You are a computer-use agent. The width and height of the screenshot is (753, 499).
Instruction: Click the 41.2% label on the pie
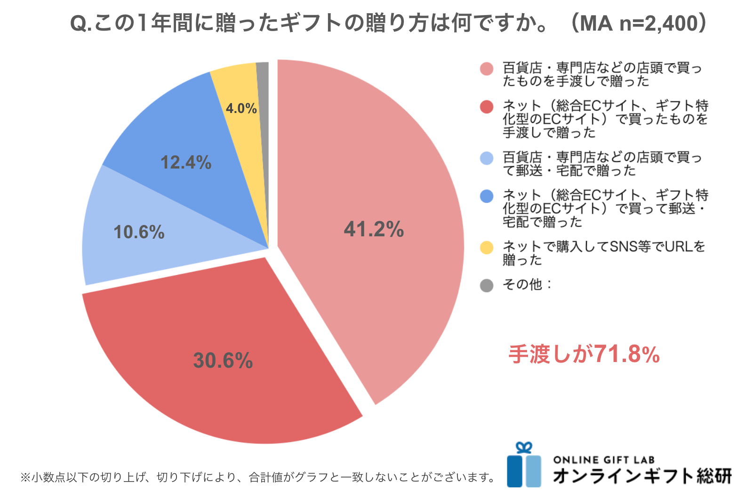(374, 229)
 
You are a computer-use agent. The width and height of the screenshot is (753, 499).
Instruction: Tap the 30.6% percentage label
(223, 361)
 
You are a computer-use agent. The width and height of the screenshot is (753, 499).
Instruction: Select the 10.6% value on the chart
(139, 232)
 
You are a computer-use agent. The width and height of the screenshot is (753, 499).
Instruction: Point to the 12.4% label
(186, 162)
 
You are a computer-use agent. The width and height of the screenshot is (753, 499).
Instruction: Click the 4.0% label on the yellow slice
(241, 109)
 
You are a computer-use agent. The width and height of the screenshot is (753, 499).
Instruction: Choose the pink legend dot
(487, 69)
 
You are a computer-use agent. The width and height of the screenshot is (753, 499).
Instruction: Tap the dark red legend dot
(487, 107)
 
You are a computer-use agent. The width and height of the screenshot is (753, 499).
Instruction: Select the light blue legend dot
(487, 158)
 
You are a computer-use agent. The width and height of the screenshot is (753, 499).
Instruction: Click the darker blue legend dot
(487, 196)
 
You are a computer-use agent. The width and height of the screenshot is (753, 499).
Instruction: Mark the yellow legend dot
(487, 248)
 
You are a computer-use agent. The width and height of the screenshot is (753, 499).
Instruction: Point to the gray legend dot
(487, 285)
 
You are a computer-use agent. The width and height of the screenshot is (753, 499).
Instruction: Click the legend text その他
(522, 285)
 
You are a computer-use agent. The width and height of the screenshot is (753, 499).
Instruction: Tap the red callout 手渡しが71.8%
(584, 354)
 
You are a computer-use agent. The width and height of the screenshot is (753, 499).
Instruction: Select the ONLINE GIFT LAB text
(604, 460)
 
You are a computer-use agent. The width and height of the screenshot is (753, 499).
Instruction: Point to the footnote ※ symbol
(25, 478)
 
